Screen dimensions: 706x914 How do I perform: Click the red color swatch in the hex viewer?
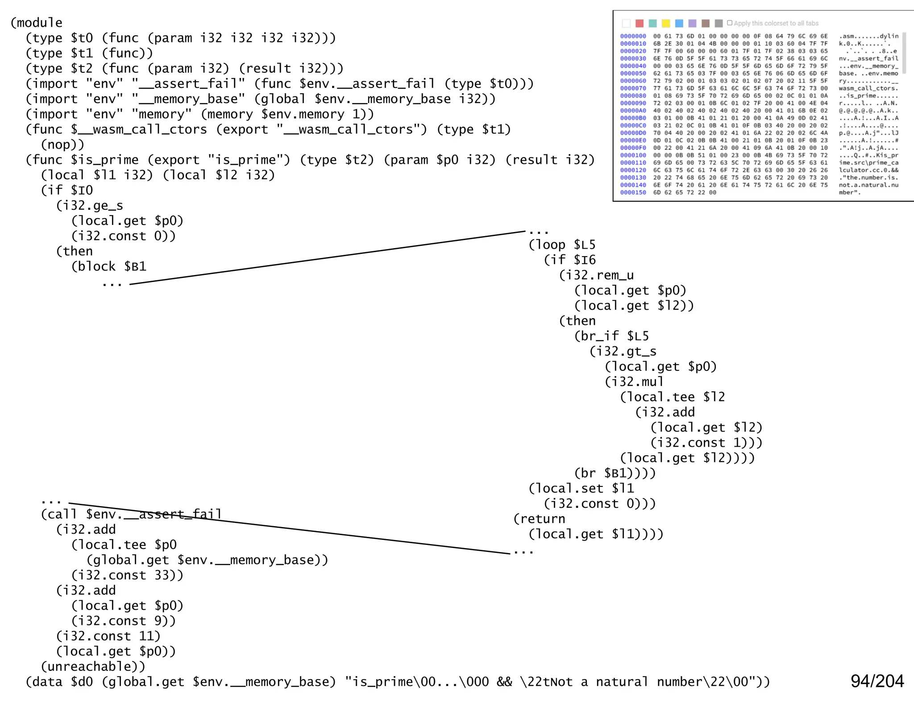click(640, 23)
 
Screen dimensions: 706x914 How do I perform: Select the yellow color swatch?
click(666, 23)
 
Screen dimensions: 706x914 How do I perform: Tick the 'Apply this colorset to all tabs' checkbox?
click(730, 23)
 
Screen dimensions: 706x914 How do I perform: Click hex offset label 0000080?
click(633, 96)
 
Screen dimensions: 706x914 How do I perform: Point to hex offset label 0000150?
click(633, 193)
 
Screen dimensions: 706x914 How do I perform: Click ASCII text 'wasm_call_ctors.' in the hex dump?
click(868, 88)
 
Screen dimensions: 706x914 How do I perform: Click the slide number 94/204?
click(877, 681)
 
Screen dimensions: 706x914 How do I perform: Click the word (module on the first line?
click(37, 23)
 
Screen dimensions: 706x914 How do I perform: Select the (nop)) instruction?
click(62, 145)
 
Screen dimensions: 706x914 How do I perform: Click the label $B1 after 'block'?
click(135, 266)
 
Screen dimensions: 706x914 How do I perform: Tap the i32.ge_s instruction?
click(89, 206)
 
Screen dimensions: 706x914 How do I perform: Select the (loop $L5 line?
click(562, 245)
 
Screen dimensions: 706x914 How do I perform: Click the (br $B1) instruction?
click(615, 473)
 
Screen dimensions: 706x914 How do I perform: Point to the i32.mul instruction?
click(634, 382)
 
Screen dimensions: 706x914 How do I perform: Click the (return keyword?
click(539, 519)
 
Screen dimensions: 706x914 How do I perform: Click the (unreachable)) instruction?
click(93, 667)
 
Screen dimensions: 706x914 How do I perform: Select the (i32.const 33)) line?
click(127, 575)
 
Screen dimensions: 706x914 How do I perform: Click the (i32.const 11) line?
click(108, 636)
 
